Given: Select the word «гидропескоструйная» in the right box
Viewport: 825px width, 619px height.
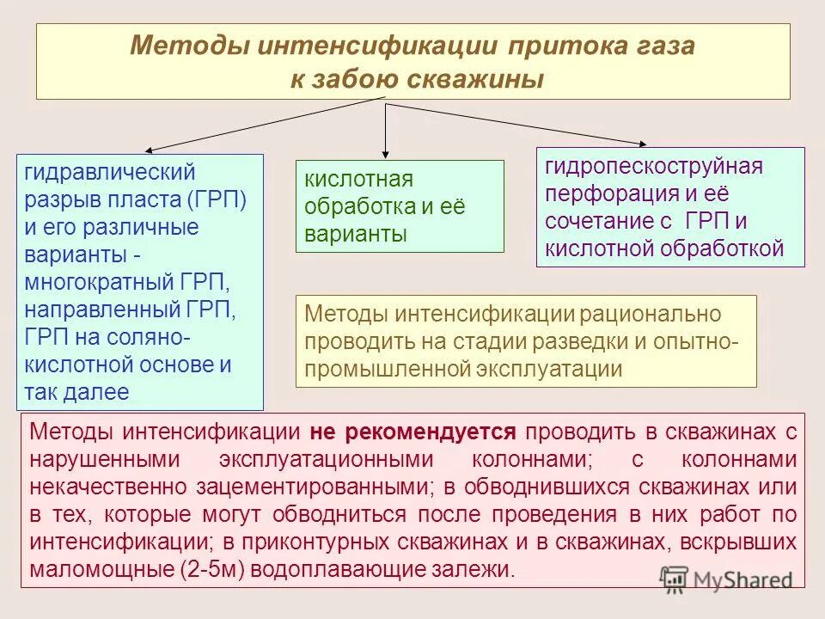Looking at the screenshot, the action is coord(654,166).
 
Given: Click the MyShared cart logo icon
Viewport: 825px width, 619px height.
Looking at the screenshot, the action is coord(675,579).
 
